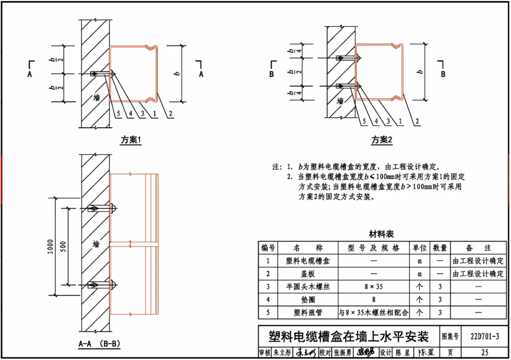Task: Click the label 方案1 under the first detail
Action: click(131, 140)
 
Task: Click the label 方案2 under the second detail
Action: click(382, 140)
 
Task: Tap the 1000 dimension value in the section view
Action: click(51, 246)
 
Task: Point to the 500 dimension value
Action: click(64, 246)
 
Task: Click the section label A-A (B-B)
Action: click(98, 344)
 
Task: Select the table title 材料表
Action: click(381, 234)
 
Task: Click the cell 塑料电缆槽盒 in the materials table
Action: click(308, 261)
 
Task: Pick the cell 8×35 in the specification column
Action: click(374, 287)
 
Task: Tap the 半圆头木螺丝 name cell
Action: click(308, 287)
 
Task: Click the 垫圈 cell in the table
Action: click(308, 299)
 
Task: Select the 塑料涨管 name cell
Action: click(308, 313)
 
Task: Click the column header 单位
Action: click(420, 248)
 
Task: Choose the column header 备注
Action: click(478, 248)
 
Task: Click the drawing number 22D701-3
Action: click(485, 336)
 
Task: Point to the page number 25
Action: click(485, 352)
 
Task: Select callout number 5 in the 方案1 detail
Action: click(118, 114)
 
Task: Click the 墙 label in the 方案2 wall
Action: click(340, 101)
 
